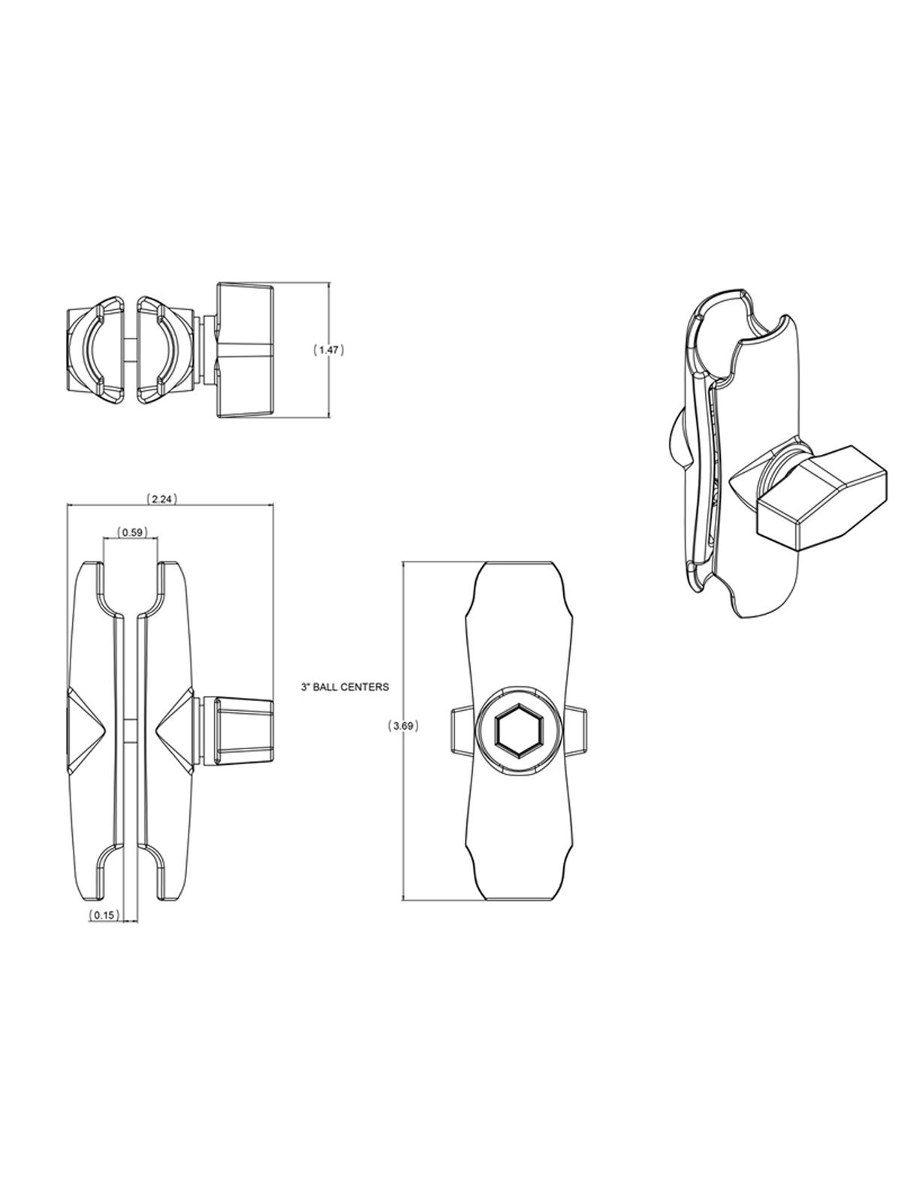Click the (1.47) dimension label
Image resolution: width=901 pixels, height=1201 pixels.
coord(328,350)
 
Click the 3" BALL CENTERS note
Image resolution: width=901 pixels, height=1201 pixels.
coord(343,686)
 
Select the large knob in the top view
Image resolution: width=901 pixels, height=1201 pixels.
coord(246,350)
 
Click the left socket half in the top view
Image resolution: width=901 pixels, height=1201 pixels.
coord(96,350)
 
